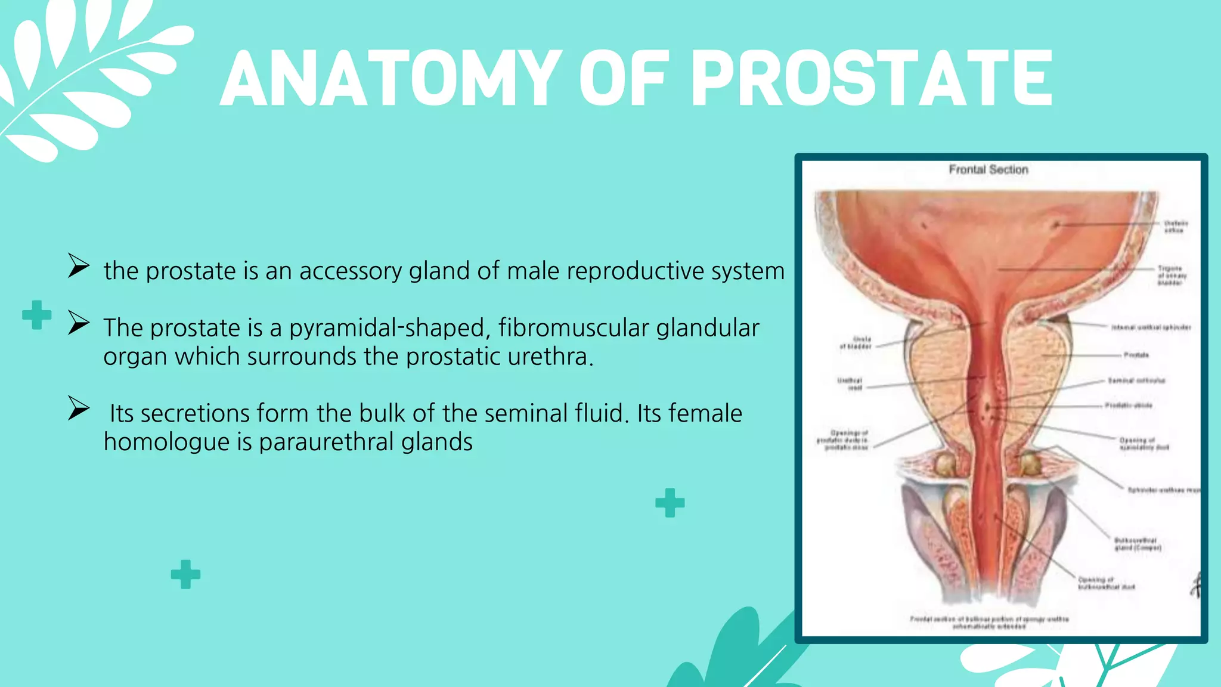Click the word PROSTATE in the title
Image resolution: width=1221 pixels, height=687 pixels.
click(x=872, y=79)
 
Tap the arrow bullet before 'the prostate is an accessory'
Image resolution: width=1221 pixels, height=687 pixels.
click(x=78, y=266)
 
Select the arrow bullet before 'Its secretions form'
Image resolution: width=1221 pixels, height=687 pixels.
click(x=78, y=409)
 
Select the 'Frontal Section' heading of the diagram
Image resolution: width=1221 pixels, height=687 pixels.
click(x=988, y=170)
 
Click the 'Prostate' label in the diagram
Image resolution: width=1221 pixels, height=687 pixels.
click(x=1136, y=355)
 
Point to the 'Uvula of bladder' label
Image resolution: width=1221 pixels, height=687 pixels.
click(x=856, y=342)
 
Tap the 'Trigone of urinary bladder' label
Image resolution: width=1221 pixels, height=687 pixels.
click(x=1171, y=276)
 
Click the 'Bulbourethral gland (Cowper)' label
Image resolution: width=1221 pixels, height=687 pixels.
click(x=1138, y=544)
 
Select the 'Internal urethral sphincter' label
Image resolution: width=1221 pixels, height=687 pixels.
click(x=1151, y=327)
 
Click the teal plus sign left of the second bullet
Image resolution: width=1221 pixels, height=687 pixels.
click(x=36, y=315)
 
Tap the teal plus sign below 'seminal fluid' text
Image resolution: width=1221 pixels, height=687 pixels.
click(x=670, y=503)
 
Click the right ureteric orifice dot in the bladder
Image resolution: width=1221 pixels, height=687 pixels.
click(x=1056, y=225)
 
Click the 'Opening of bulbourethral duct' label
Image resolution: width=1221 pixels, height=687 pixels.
click(x=1106, y=583)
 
